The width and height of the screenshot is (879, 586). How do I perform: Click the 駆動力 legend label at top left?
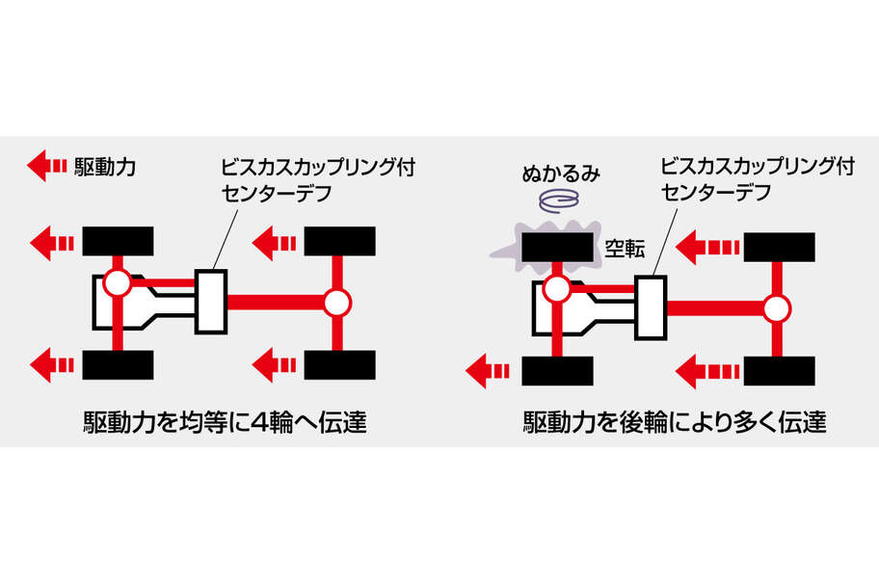(x=105, y=167)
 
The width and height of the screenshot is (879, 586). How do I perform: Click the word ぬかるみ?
(x=561, y=174)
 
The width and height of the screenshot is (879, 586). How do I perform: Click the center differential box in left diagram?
(x=210, y=302)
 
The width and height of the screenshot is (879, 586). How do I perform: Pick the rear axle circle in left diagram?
(x=335, y=303)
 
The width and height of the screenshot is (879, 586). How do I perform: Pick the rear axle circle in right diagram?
(x=777, y=308)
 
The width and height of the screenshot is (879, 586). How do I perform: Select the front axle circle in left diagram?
(x=117, y=283)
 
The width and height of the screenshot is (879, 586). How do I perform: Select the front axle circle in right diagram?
(x=556, y=288)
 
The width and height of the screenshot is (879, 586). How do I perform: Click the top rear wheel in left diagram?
(x=339, y=240)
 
